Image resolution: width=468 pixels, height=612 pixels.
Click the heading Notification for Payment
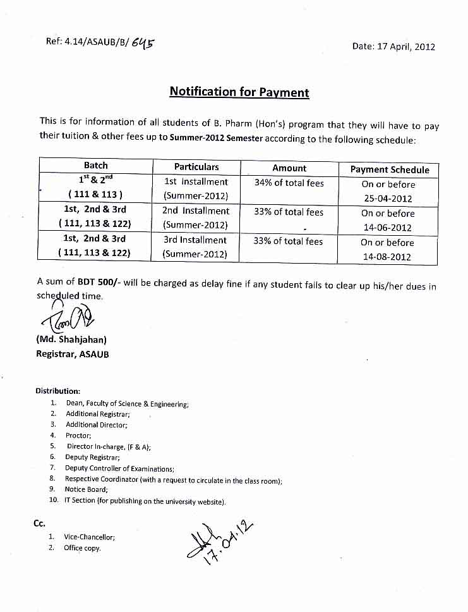[239, 92]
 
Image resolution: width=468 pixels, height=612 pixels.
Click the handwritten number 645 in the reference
[143, 43]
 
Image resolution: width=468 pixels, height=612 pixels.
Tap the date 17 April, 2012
[394, 46]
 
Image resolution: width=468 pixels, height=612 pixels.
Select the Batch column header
[95, 166]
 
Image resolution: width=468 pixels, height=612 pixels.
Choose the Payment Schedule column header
[390, 169]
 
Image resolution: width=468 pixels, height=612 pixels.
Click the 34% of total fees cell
[289, 183]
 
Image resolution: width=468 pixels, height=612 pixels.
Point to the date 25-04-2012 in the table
[388, 199]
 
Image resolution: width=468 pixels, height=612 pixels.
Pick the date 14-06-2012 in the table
[388, 228]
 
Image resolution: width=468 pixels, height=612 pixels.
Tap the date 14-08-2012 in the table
[388, 257]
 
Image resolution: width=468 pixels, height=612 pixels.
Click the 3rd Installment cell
[195, 240]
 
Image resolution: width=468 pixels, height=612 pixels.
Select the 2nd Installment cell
[196, 211]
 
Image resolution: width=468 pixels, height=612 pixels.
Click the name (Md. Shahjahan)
[71, 340]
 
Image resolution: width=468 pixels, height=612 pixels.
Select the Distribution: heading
[57, 391]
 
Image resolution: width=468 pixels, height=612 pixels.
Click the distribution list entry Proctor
[79, 436]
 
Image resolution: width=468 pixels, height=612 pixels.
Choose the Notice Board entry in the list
[87, 489]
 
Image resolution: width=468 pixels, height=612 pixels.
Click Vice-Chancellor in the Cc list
[89, 537]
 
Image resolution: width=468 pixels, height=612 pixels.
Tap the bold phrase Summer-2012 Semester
[216, 140]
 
